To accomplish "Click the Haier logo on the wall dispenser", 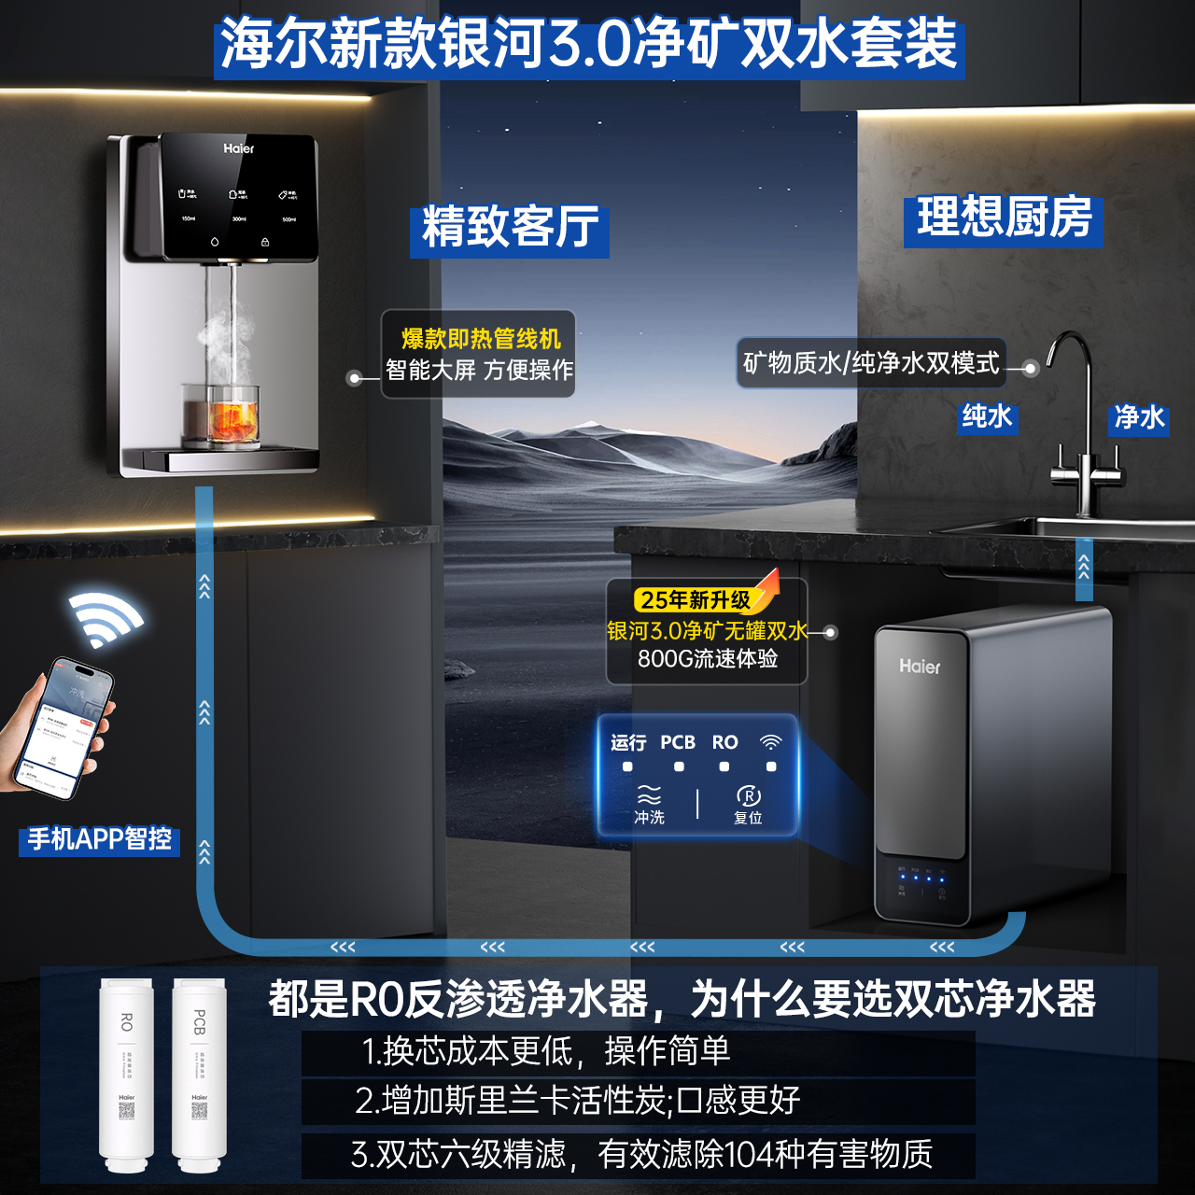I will point(238,148).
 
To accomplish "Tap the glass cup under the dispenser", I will point(220,415).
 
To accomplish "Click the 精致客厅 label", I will point(510,228).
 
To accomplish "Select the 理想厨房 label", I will point(1004,218).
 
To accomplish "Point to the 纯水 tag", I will point(987,416).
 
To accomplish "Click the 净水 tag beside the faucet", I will point(1139,417).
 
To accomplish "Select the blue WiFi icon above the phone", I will point(105,617).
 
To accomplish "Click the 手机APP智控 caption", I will point(99,839).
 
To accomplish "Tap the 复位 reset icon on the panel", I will point(748,802).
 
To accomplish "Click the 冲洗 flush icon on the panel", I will point(649,803).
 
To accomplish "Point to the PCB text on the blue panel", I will point(678,742).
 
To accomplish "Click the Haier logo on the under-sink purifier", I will point(920,667).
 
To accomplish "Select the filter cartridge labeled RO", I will point(126,1074).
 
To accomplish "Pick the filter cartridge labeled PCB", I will point(199,1074).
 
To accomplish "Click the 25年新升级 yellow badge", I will point(696,599).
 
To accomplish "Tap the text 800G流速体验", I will point(708,659).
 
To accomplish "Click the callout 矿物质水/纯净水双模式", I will point(871,363).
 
